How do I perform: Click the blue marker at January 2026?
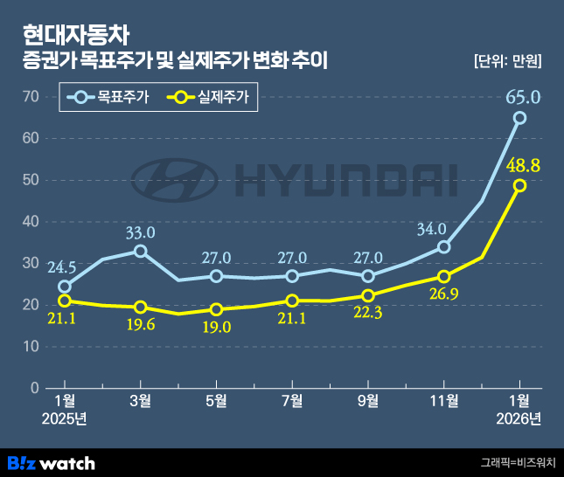pyautogui.click(x=519, y=118)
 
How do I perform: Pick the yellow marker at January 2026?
pyautogui.click(x=519, y=185)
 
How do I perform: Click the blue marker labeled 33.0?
pyautogui.click(x=140, y=251)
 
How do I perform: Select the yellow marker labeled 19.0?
pyautogui.click(x=216, y=309)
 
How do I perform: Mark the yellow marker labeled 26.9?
pyautogui.click(x=443, y=277)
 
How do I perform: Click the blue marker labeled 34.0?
pyautogui.click(x=443, y=247)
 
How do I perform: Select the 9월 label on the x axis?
pyautogui.click(x=368, y=401)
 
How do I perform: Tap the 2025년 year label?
pyautogui.click(x=65, y=419)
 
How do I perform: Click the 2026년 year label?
pyautogui.click(x=519, y=419)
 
